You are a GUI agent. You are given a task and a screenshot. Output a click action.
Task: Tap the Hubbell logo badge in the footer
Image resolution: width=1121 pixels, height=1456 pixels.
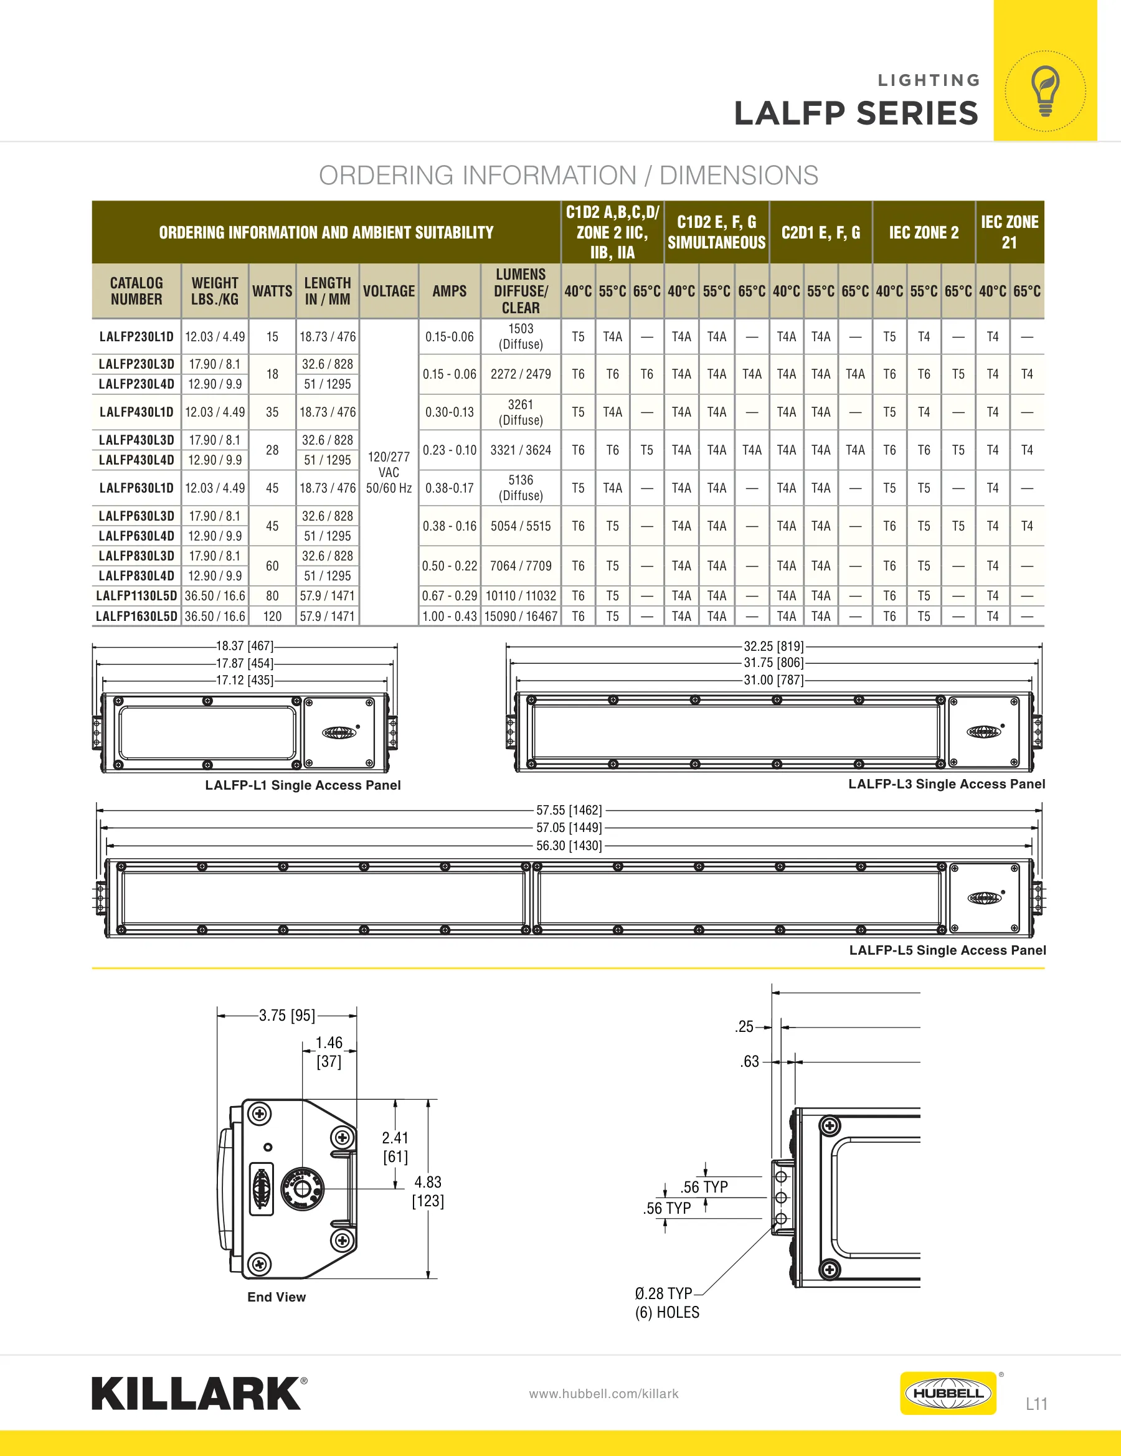948,1392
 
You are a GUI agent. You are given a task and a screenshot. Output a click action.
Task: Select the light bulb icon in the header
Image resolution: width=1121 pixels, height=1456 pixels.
1045,91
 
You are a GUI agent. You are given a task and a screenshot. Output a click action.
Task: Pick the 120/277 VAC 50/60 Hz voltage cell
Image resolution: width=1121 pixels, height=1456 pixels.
389,472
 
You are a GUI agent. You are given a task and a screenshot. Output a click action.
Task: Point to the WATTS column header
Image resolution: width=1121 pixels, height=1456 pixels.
272,291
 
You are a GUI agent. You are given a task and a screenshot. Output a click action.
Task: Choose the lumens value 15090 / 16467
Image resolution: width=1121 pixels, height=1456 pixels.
521,616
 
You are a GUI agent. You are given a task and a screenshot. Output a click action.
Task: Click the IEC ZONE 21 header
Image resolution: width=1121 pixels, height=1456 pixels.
1010,232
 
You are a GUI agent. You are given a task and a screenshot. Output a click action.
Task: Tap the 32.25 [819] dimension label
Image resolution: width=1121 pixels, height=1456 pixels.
773,646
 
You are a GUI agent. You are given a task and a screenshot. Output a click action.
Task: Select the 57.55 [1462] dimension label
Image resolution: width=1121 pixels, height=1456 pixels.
569,810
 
